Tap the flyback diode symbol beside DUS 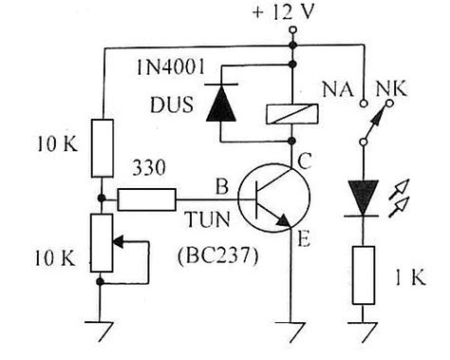[x=219, y=103]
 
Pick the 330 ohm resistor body [x=146, y=199]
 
